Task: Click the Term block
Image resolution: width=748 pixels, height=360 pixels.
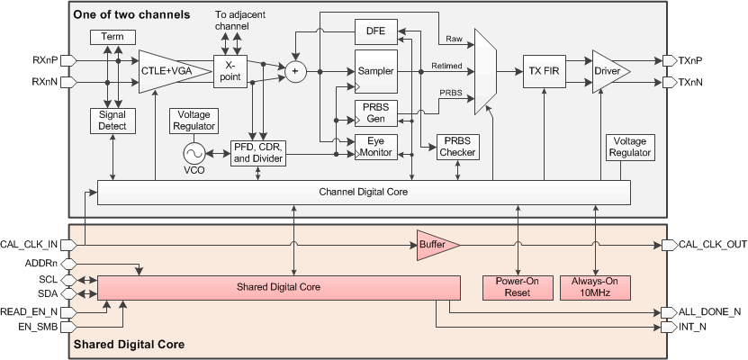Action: [113, 37]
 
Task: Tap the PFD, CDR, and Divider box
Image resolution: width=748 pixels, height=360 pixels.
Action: [258, 153]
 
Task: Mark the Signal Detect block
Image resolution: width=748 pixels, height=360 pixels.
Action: [113, 121]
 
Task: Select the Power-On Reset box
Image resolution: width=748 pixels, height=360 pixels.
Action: [518, 287]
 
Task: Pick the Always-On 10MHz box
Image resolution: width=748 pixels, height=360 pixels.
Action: [595, 287]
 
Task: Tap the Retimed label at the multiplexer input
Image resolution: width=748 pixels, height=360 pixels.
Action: [446, 66]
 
